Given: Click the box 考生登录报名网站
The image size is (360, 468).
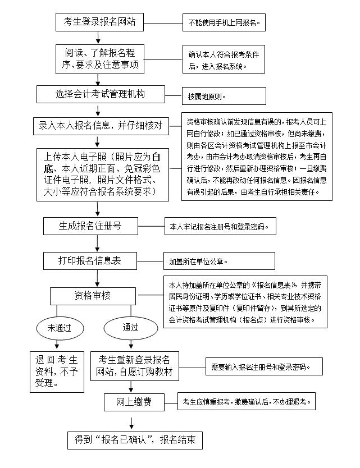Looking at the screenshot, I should click(x=98, y=23).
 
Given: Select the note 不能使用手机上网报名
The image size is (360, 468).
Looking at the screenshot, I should click(x=224, y=24).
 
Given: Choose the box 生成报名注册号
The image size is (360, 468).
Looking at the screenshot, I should click(x=98, y=226).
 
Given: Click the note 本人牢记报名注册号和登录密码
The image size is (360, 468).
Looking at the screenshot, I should click(x=220, y=227).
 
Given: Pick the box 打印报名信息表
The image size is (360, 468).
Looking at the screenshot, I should click(x=98, y=261).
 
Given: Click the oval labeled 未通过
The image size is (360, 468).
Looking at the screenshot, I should click(x=58, y=327).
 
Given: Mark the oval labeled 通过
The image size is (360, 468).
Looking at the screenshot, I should click(x=131, y=327).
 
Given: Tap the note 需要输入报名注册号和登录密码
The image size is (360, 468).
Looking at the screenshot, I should click(x=263, y=368).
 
